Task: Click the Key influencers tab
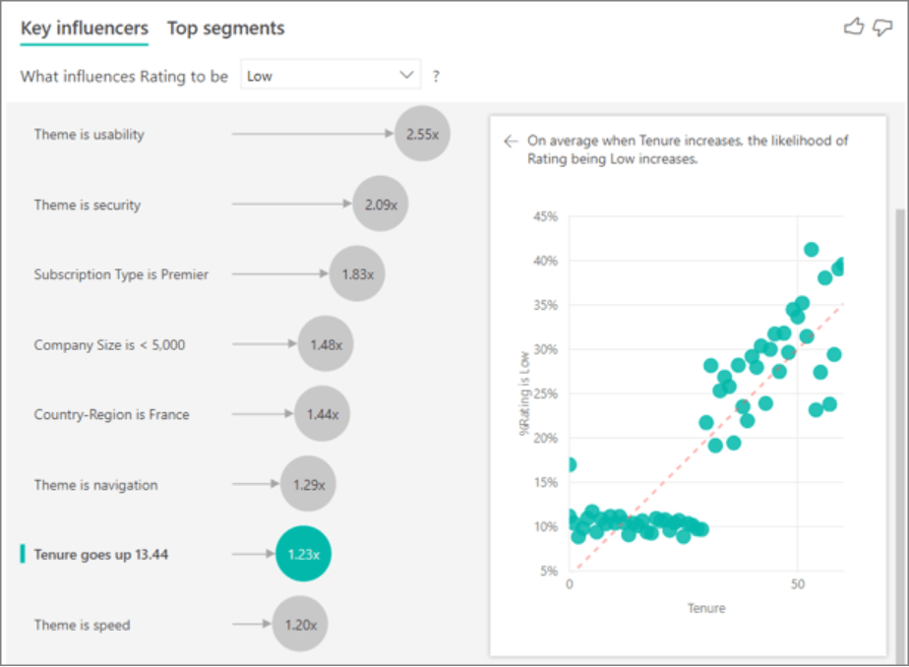pos(85,29)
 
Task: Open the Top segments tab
pos(226,29)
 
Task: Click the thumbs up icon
pos(853,27)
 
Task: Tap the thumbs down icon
pos(882,27)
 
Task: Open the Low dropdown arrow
pos(406,75)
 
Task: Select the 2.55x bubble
pos(422,134)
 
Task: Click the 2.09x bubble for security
pos(381,204)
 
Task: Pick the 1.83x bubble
pos(357,273)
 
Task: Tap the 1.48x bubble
pos(326,344)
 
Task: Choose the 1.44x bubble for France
pos(323,414)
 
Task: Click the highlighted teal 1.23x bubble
pos(303,554)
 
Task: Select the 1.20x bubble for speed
pos(300,624)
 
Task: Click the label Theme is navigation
pos(95,485)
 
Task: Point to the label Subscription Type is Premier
pos(121,274)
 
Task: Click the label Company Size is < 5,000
pos(109,344)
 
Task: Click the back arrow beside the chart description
pos(511,141)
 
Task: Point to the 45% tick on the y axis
pos(546,216)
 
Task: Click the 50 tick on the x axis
pos(798,584)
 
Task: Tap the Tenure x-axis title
pos(706,608)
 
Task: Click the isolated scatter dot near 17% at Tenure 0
pos(571,464)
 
